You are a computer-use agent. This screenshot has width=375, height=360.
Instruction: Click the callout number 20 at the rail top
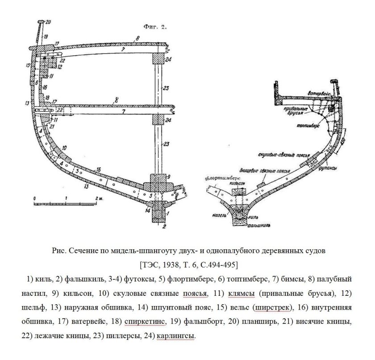[x=48, y=21]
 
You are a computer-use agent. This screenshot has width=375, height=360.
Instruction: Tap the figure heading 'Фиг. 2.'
[x=154, y=27]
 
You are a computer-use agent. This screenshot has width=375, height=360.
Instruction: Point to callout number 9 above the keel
[x=169, y=177]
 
